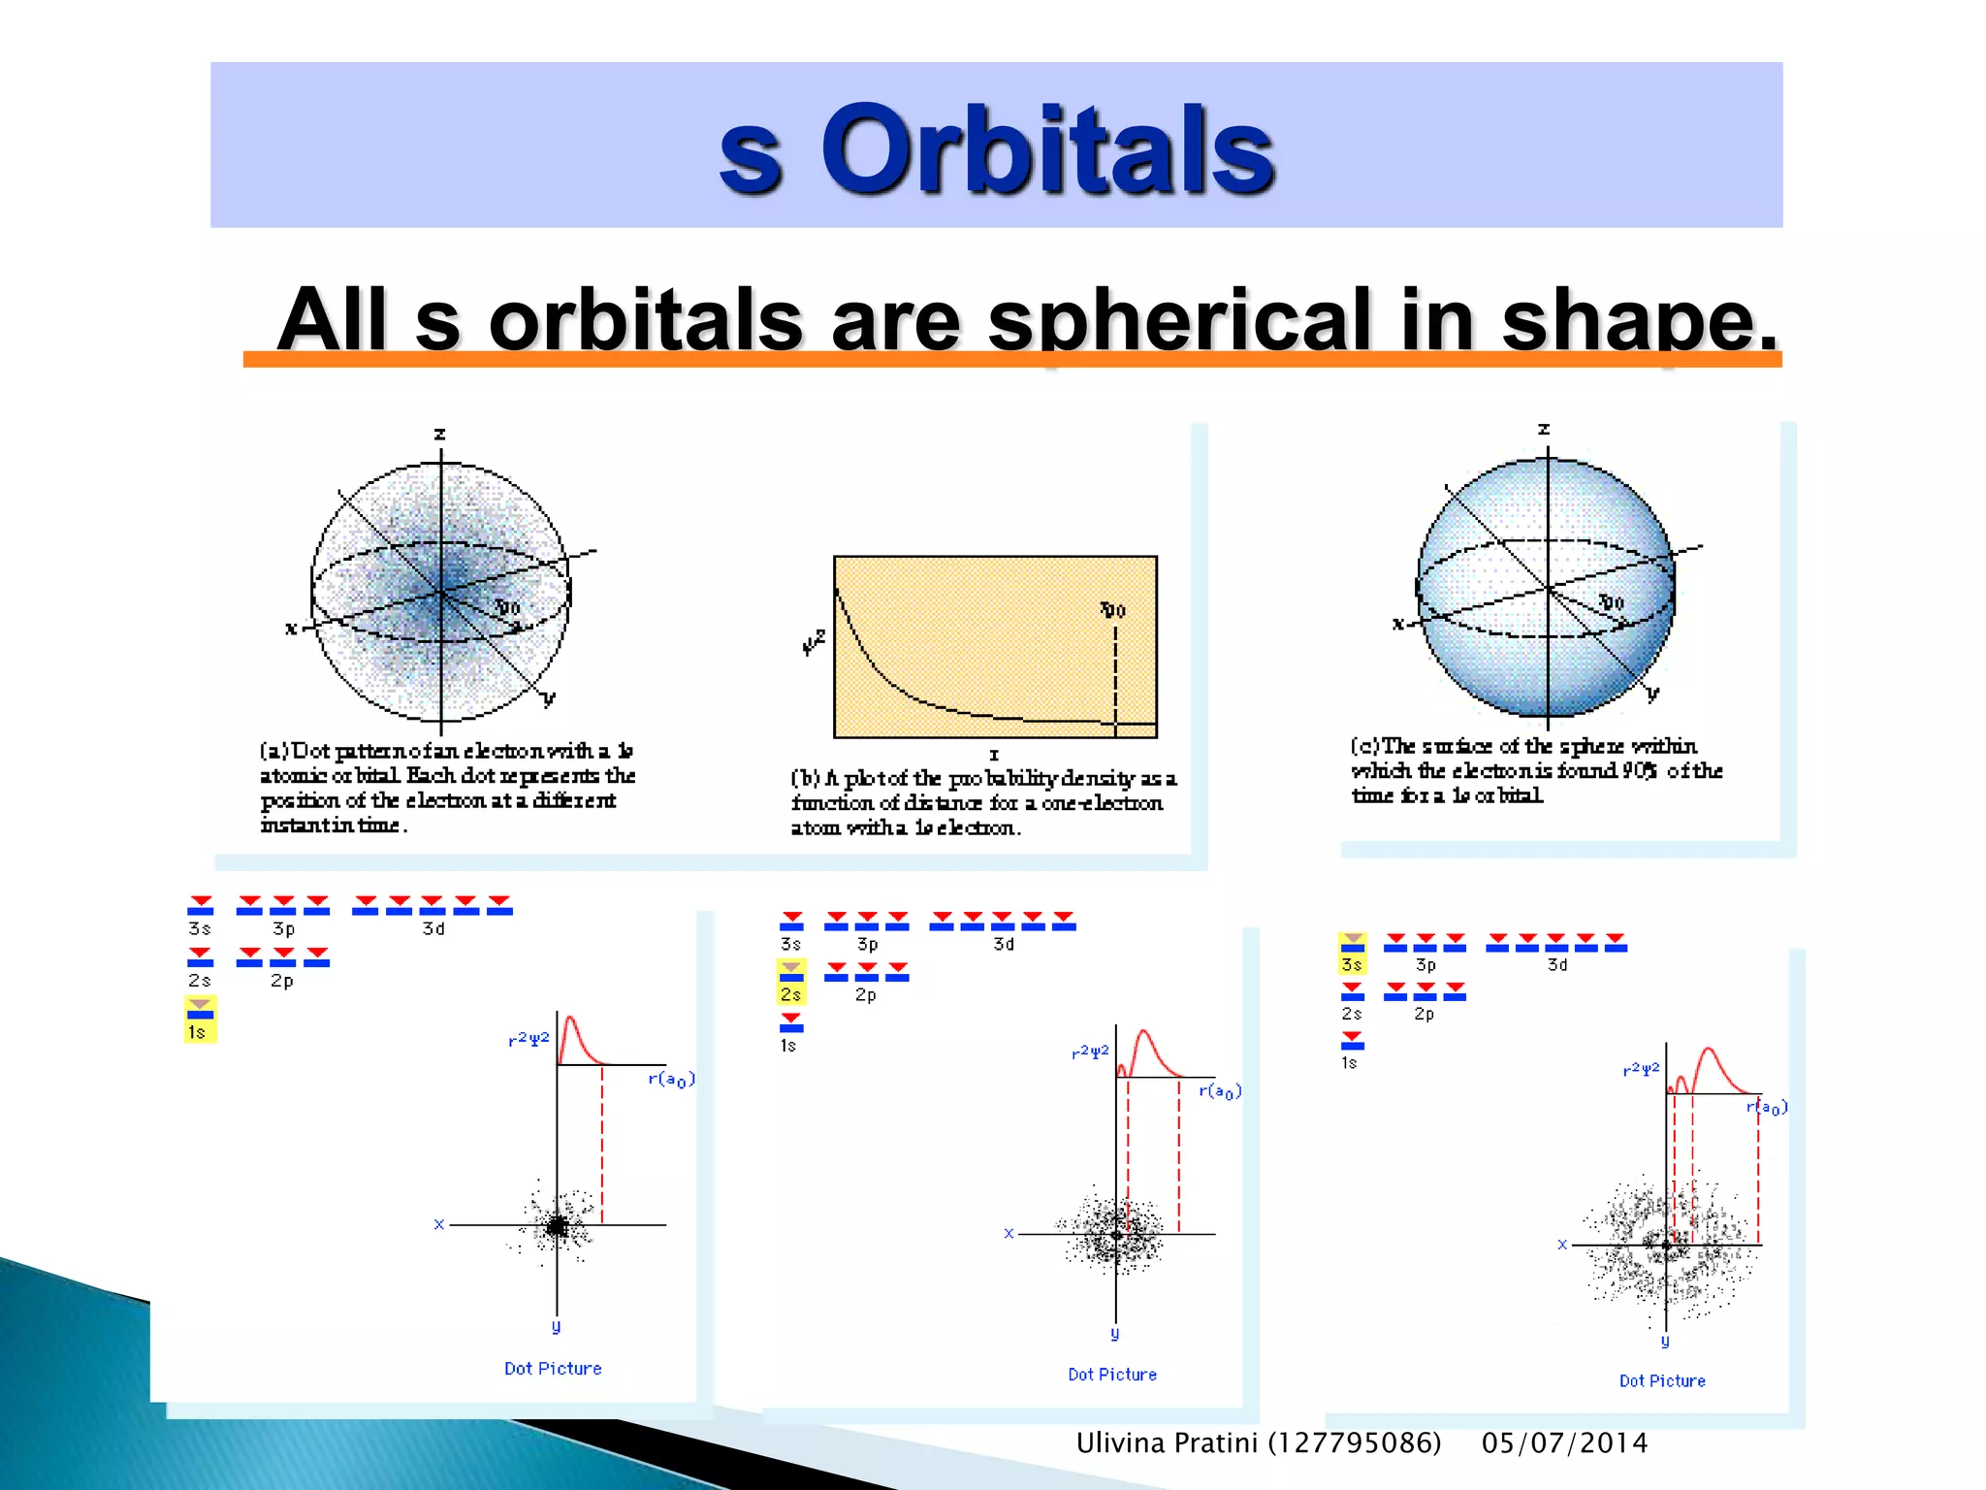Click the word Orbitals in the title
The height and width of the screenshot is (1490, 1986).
(x=1047, y=150)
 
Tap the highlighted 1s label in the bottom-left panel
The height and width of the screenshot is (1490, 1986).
(x=197, y=1032)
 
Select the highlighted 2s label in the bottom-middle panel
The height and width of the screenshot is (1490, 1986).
(x=791, y=994)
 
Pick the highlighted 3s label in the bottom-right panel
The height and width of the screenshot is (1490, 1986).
(x=1352, y=964)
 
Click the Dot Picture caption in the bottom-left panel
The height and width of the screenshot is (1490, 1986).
(x=553, y=1369)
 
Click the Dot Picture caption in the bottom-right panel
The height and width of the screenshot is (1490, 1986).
(x=1662, y=1380)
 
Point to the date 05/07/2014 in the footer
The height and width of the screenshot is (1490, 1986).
(x=1564, y=1443)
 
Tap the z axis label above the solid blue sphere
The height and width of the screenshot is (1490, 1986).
(x=1544, y=429)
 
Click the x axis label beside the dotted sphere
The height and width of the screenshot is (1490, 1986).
(x=291, y=629)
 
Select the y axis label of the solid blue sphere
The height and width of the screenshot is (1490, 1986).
(x=1652, y=693)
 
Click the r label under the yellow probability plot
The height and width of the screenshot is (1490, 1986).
(x=994, y=755)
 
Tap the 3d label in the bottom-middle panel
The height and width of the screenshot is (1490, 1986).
(x=1004, y=944)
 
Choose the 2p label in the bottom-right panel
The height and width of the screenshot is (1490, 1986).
(x=1424, y=1014)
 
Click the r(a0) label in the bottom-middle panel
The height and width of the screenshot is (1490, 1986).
(x=1220, y=1091)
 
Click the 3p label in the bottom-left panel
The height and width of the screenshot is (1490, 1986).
(x=283, y=928)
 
